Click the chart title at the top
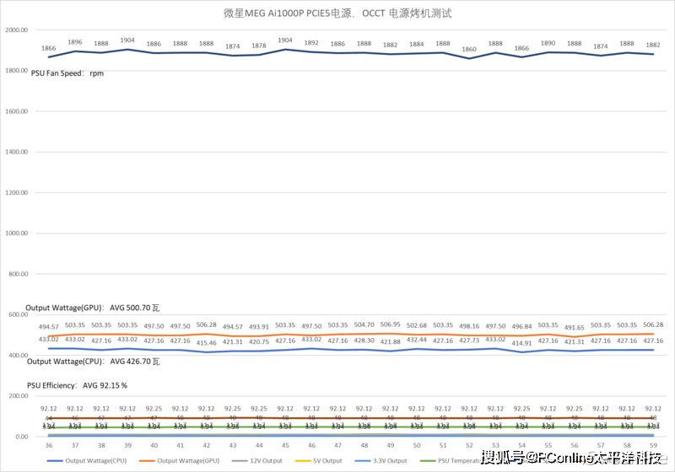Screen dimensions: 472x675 (337, 13)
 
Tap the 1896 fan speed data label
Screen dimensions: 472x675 (75, 41)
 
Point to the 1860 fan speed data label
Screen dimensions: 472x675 (468, 49)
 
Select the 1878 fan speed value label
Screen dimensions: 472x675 (259, 46)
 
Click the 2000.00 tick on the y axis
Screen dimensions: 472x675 (17, 30)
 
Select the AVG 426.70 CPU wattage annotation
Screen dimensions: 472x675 (94, 362)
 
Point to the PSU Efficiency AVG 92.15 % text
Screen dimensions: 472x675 (77, 385)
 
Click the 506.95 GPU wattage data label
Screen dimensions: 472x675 (390, 324)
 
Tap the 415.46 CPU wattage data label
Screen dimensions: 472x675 (207, 342)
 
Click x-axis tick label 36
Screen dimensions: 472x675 (49, 445)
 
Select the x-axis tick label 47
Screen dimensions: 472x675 (337, 445)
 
